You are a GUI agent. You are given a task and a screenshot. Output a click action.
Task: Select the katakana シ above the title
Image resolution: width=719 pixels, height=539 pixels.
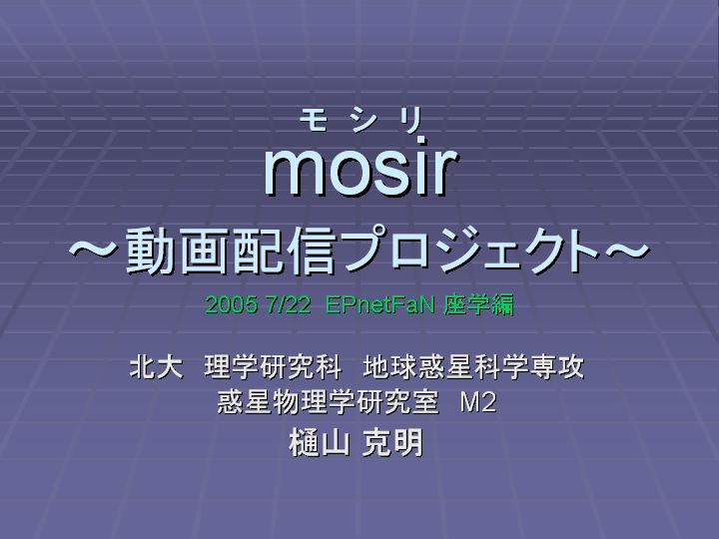coord(362,121)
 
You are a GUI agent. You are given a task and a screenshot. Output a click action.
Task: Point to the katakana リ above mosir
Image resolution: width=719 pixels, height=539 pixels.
coord(410,121)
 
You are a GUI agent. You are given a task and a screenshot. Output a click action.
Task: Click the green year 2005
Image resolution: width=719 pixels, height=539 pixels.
coord(231,303)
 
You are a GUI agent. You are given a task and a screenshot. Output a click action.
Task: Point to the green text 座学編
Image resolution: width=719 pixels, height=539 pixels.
coord(478,303)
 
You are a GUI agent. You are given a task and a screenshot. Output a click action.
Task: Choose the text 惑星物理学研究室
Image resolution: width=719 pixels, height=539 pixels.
coord(329,402)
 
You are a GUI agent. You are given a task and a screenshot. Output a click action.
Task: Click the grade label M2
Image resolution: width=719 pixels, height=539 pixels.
coord(477,402)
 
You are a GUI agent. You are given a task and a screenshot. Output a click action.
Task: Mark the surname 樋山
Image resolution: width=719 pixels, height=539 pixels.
coord(320,442)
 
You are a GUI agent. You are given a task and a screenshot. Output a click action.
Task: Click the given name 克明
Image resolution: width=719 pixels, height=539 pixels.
coord(392,442)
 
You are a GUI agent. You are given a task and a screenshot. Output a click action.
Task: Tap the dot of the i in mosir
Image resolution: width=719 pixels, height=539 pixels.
coord(420,140)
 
